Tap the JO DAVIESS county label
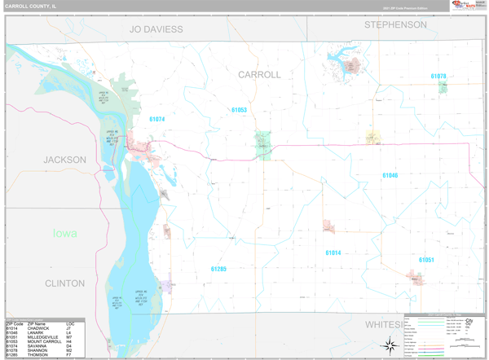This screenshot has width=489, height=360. coord(156,29)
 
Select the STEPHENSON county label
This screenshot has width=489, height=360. coord(395,25)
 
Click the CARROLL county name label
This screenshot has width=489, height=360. coord(259,74)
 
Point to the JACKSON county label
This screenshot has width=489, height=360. coord(64,160)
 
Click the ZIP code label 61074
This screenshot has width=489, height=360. coord(156,119)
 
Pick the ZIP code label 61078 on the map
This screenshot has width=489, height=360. coord(438,76)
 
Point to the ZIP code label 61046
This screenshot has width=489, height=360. coord(390,175)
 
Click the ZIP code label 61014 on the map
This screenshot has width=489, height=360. coord(333,253)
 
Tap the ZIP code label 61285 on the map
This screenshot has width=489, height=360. coord(218,269)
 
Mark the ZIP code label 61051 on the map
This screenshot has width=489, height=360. coord(426,260)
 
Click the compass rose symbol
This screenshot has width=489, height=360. coord(390,344)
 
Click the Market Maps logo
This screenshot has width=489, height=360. coord(465,6)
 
